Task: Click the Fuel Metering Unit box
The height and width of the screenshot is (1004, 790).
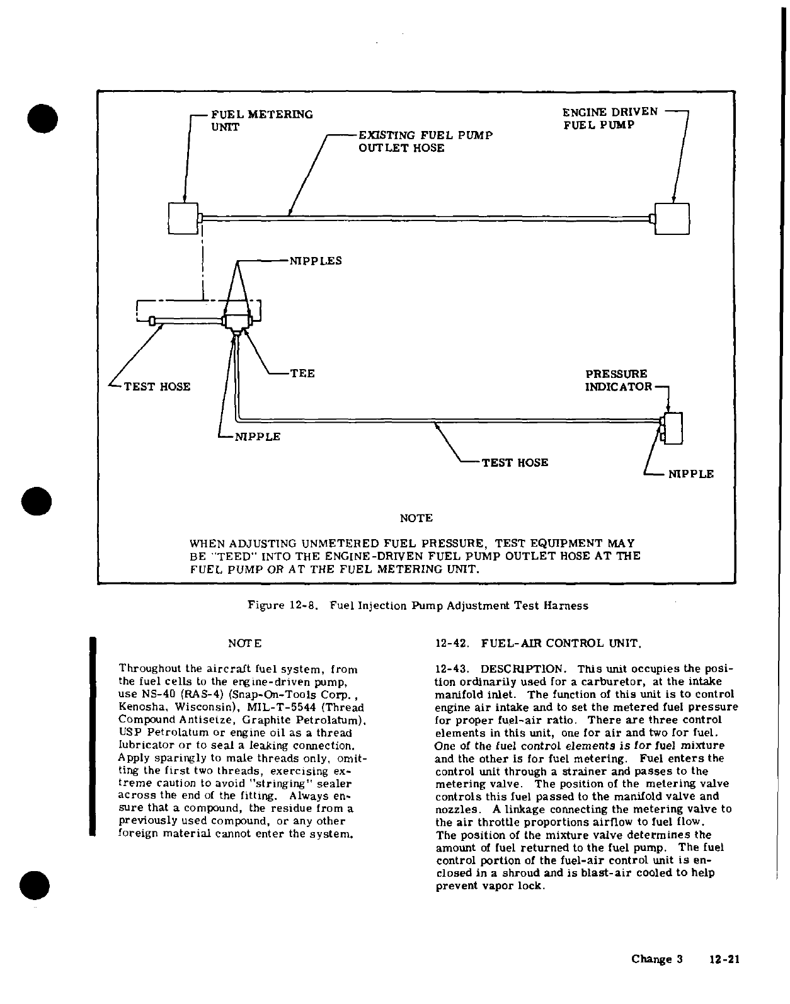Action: coord(183,219)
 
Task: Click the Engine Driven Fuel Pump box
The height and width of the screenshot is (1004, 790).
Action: coord(672,219)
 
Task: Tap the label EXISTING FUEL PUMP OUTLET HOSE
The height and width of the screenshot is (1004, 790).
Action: coord(425,142)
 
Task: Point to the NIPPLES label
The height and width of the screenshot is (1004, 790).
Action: coord(315,261)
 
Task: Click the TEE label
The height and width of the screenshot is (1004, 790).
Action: coord(302,374)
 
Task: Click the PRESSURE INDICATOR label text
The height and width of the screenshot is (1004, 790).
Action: coord(618,380)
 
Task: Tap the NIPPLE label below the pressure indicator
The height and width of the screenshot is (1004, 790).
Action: coord(691,474)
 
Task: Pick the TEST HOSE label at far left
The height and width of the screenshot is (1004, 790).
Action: coord(157,387)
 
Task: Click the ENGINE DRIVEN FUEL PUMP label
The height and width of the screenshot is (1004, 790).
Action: coord(609,118)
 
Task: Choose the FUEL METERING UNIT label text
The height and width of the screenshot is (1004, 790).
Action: coord(261,120)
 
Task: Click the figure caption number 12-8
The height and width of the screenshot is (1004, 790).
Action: coord(302,606)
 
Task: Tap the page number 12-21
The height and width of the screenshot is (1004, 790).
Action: coord(723,960)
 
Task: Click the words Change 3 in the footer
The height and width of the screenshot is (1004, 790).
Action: coord(657,960)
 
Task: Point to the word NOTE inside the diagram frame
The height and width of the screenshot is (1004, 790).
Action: coord(416,518)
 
